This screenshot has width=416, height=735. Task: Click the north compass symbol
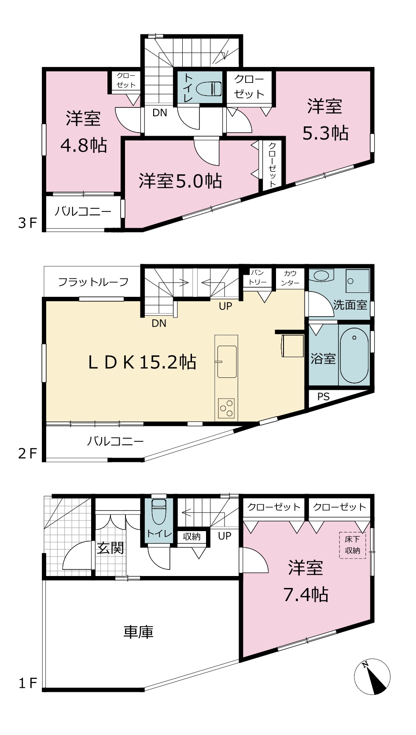(372, 676)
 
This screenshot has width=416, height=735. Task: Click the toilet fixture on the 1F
(159, 512)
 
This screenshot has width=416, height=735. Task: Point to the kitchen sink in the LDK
(226, 362)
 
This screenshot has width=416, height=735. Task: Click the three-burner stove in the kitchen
(226, 408)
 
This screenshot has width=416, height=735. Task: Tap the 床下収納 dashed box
(352, 545)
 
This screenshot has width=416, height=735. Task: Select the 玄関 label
(110, 548)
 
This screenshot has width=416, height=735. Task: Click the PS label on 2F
(323, 397)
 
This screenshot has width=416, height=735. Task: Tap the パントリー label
(257, 277)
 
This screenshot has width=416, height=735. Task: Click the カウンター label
(290, 278)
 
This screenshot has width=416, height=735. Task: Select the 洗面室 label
(350, 305)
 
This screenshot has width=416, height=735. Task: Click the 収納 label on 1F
(191, 537)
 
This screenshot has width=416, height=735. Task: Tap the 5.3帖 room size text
(325, 133)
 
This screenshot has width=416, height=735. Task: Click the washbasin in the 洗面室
(321, 275)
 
